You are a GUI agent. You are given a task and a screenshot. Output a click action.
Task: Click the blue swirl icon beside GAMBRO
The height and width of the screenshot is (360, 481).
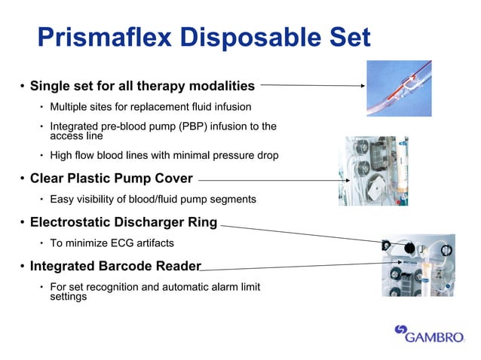(x=401, y=331)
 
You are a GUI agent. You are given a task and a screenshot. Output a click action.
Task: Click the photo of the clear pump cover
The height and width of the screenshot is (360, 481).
(x=375, y=171)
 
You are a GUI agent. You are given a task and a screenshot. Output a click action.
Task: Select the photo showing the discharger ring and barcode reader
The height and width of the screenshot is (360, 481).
(x=417, y=264)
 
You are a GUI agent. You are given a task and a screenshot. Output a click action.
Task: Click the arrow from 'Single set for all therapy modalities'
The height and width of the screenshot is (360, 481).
(x=312, y=85)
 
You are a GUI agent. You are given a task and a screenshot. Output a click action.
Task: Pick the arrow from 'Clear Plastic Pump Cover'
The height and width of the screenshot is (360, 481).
(x=268, y=180)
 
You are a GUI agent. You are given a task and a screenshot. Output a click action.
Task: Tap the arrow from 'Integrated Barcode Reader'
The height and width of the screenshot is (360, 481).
(x=294, y=266)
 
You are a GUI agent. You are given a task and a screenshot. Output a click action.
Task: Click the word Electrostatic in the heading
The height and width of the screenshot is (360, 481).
(x=74, y=222)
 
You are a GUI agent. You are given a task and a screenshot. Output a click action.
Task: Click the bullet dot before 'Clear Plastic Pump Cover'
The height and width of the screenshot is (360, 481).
(x=22, y=179)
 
